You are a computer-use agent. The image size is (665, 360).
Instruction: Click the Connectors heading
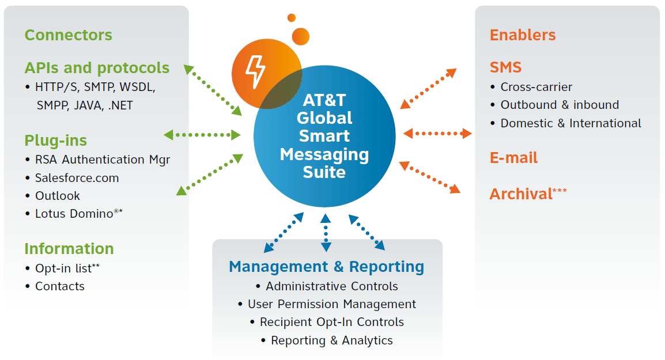point(68,35)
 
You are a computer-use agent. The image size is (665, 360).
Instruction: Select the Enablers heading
point(523,35)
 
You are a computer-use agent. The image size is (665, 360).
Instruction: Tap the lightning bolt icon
point(255,71)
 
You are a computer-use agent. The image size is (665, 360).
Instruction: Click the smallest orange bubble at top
point(292,18)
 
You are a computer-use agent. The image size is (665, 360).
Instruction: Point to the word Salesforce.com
point(77,178)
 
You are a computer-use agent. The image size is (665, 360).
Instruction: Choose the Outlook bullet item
point(58,196)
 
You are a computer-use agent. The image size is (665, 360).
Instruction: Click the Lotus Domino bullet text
point(74,214)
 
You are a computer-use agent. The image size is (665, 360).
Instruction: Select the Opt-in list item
point(63,268)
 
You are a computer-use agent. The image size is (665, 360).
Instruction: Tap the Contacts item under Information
point(59,286)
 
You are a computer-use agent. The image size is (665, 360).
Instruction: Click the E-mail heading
point(513,158)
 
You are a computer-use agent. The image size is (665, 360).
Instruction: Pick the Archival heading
point(521,194)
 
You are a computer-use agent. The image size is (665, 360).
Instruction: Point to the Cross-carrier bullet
point(536,88)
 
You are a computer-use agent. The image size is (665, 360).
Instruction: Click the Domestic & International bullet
point(570,123)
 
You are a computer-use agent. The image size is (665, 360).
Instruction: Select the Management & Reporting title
point(326,267)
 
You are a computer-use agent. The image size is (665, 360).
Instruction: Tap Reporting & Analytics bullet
point(331,340)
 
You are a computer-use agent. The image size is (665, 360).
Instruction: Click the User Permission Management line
point(331,304)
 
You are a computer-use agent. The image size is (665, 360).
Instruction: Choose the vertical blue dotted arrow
point(326,233)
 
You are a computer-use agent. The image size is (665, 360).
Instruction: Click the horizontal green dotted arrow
point(202,135)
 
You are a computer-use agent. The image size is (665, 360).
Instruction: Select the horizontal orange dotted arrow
point(437,134)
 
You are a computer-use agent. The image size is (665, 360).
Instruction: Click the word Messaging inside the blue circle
point(324,154)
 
